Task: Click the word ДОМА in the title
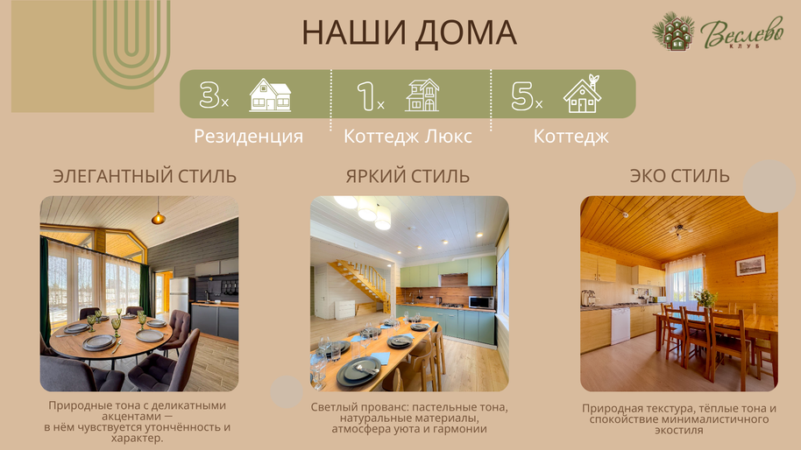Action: point(464,33)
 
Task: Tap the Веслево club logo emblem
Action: point(673,32)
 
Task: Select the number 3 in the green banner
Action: point(209,95)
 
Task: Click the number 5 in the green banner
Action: point(522,95)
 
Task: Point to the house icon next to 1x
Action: point(422,95)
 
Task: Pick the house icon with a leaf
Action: point(583,94)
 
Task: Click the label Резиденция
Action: point(248,137)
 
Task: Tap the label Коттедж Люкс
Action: point(408,137)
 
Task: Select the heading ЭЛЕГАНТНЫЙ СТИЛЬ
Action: point(145,176)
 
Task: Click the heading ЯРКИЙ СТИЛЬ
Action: point(408,176)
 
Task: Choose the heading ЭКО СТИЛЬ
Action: point(679,175)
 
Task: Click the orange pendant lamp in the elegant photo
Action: point(159,217)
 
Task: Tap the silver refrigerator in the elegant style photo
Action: point(179,295)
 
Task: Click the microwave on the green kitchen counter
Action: point(481,302)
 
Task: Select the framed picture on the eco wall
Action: point(750,266)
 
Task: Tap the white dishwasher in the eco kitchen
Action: point(620,325)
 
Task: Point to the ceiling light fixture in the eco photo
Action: point(679,230)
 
